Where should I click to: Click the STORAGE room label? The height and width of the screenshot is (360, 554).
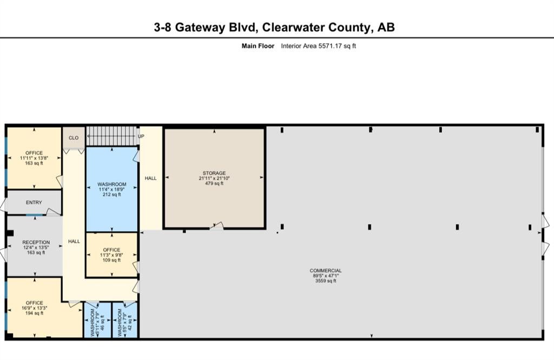pyautogui.click(x=214, y=173)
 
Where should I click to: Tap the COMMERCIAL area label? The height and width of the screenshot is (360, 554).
pyautogui.click(x=325, y=271)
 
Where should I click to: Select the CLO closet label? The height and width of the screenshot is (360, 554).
pyautogui.click(x=74, y=138)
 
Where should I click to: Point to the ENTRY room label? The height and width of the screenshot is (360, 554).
pyautogui.click(x=34, y=202)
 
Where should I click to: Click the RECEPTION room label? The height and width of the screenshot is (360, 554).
pyautogui.click(x=36, y=243)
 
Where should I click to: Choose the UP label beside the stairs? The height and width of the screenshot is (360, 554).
pyautogui.click(x=141, y=136)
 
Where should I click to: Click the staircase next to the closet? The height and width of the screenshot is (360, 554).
pyautogui.click(x=111, y=136)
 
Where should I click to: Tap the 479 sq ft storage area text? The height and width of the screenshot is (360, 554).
pyautogui.click(x=214, y=184)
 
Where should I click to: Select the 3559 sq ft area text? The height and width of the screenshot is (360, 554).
pyautogui.click(x=326, y=281)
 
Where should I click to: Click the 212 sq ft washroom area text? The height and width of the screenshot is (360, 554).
pyautogui.click(x=111, y=194)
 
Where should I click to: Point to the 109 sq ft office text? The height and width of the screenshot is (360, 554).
pyautogui.click(x=111, y=260)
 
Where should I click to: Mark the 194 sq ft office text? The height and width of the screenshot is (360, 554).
pyautogui.click(x=34, y=313)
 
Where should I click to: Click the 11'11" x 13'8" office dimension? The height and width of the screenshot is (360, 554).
pyautogui.click(x=34, y=158)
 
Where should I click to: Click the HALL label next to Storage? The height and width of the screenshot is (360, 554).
pyautogui.click(x=150, y=178)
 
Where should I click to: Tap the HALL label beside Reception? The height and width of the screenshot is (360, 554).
pyautogui.click(x=74, y=241)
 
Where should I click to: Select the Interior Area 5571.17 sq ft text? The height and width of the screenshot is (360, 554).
pyautogui.click(x=318, y=46)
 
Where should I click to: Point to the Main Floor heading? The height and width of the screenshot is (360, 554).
pyautogui.click(x=258, y=46)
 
